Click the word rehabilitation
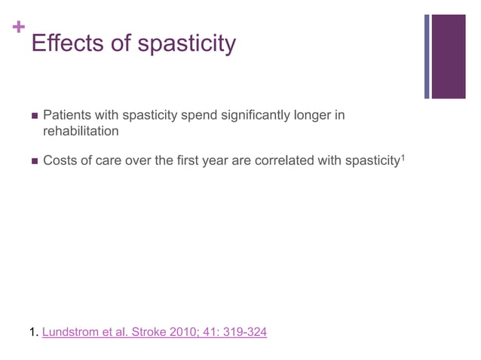(81, 131)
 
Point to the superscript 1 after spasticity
(403, 156)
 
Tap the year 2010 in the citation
(187, 331)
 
